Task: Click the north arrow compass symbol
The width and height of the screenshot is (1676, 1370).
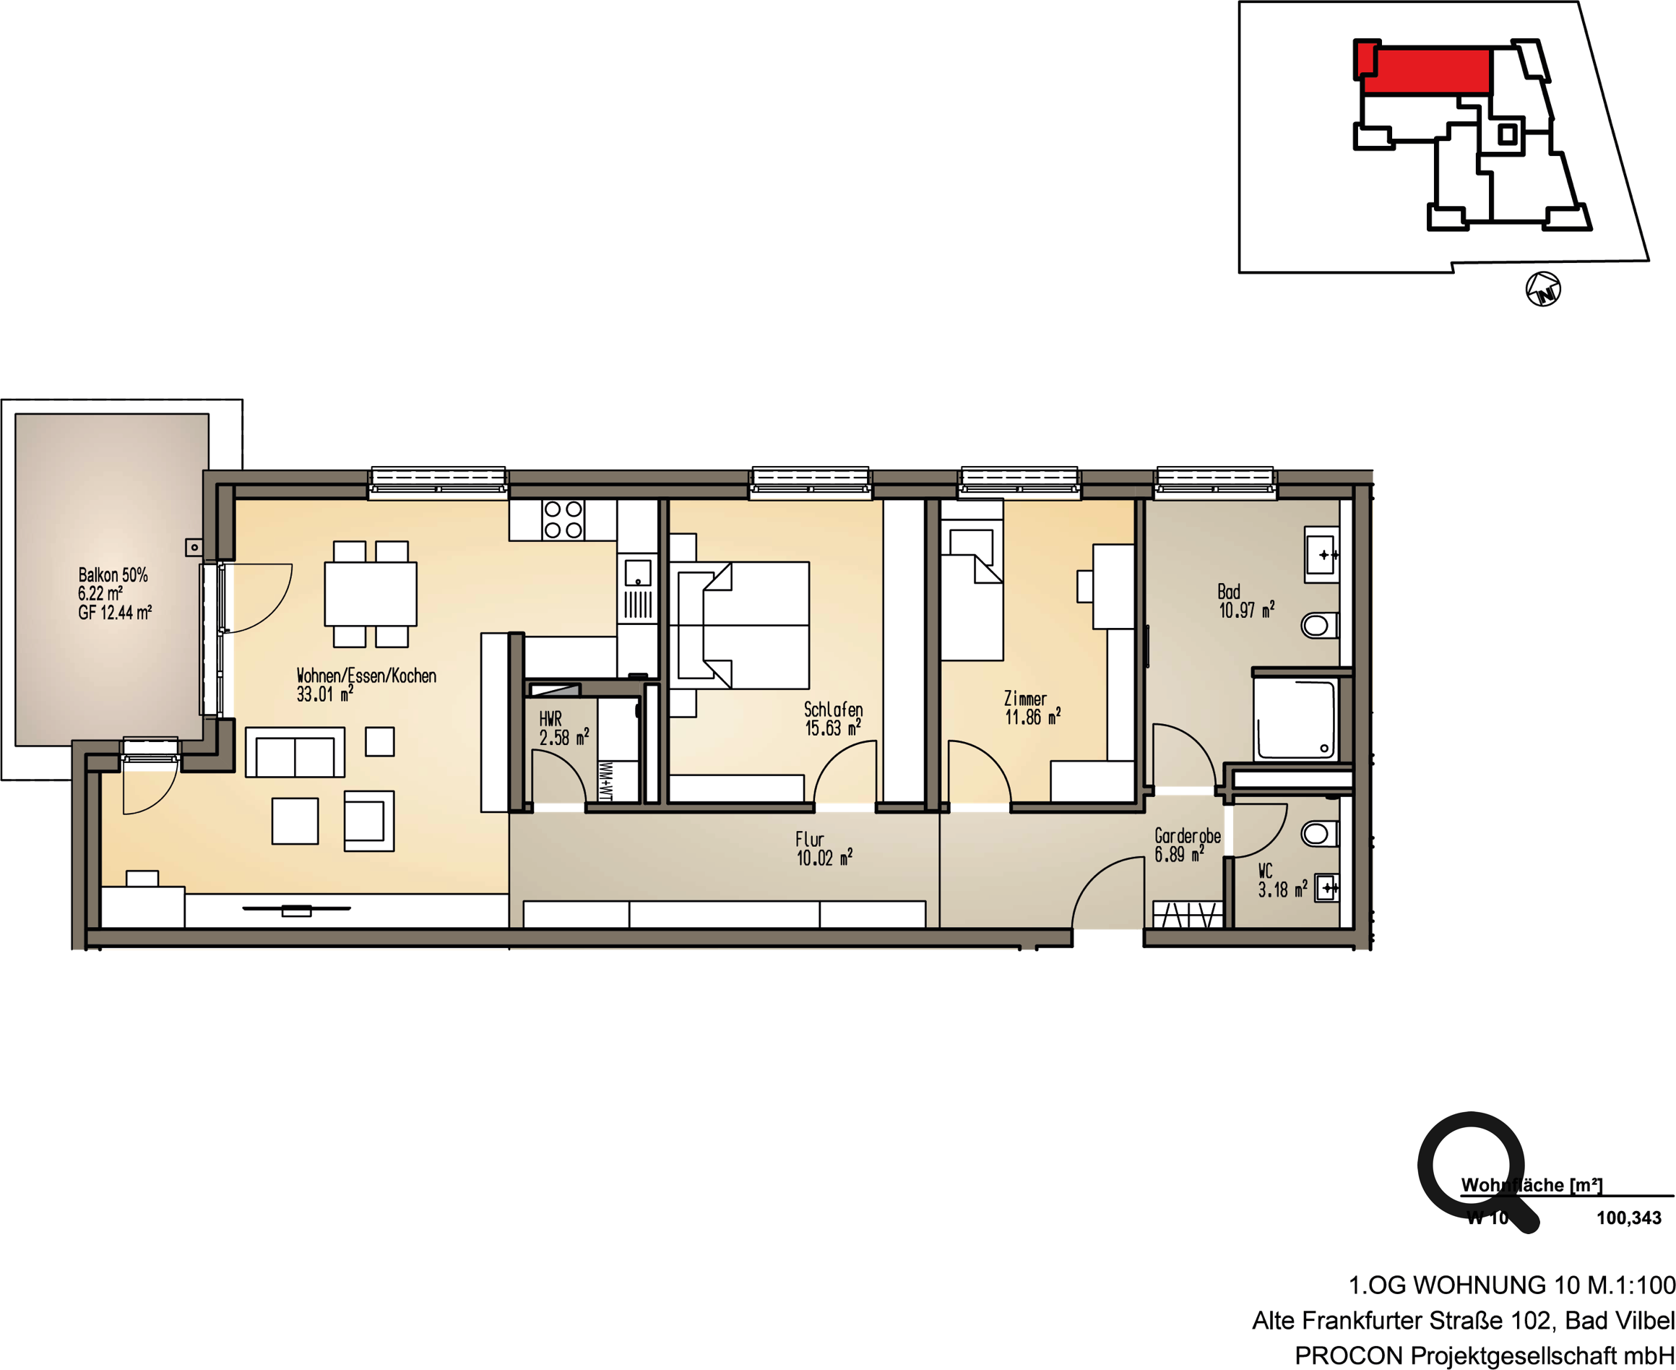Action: pos(1542,289)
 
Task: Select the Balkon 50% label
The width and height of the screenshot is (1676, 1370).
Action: pos(113,575)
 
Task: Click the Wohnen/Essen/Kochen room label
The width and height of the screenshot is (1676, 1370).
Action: pos(366,676)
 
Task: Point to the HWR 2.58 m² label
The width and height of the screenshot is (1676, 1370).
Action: pos(563,728)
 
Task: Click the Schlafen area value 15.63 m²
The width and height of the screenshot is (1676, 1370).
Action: pos(832,728)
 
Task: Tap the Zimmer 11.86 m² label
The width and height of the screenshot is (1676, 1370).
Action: pos(1032,708)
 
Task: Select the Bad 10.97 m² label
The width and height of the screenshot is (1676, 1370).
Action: pos(1246,600)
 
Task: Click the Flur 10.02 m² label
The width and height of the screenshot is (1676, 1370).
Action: pos(824,849)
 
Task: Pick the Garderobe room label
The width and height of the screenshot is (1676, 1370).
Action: pos(1187,835)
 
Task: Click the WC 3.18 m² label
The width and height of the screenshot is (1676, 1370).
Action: pos(1282,881)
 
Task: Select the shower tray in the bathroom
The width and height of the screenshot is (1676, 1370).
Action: pos(1295,719)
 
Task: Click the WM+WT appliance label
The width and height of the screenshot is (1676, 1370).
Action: pos(606,781)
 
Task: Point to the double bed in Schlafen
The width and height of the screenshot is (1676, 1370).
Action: pos(743,624)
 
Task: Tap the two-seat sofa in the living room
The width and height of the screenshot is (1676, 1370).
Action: pos(295,753)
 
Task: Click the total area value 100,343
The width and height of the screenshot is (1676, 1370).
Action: pos(1628,1218)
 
